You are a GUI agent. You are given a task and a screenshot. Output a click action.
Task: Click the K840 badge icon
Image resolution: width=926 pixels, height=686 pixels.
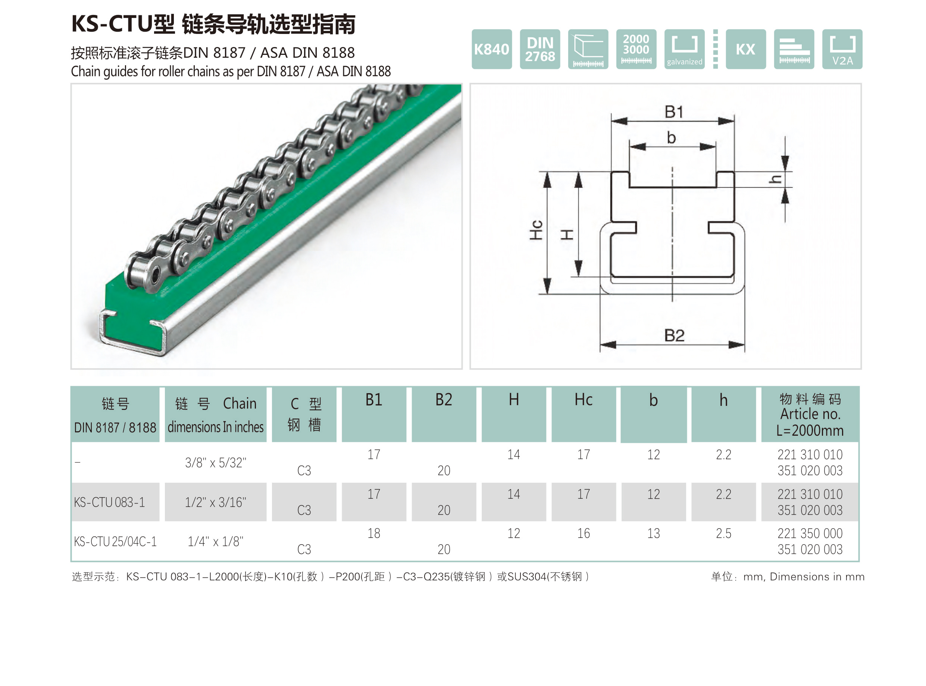pos(491,49)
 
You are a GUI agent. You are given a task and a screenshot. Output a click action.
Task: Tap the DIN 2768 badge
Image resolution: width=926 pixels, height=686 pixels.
pos(539,49)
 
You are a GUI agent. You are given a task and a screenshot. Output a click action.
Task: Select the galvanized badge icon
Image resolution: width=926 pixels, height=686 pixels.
pos(684,49)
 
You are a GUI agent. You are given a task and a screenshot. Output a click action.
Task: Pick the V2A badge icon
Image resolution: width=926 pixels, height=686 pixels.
pos(842,49)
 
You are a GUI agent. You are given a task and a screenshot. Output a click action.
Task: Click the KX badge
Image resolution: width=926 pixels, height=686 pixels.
pos(745,49)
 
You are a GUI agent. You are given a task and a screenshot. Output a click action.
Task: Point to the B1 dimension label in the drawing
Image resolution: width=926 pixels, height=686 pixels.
pos(673,112)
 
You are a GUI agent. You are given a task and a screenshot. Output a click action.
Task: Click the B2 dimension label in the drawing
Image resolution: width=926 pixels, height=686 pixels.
pos(673,335)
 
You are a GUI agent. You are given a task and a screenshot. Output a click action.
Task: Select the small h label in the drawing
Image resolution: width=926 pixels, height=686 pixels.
pos(775,179)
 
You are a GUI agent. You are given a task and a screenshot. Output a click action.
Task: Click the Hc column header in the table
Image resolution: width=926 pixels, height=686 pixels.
pos(583,400)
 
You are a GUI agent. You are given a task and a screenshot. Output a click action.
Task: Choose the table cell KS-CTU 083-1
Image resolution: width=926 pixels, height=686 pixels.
pos(109,502)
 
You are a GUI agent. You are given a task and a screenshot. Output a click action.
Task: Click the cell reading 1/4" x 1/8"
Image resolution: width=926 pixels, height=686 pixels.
pos(215,542)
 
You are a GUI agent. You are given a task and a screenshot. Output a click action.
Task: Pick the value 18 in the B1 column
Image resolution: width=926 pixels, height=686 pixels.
pos(373,533)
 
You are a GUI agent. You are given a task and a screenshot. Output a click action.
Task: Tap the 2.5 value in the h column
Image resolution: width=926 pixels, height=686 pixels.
pos(723,533)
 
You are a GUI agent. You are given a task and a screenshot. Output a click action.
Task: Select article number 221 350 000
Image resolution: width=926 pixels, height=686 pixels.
pos(809,533)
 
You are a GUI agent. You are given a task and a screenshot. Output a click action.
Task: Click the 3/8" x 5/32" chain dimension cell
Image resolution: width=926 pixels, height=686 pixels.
pos(215,463)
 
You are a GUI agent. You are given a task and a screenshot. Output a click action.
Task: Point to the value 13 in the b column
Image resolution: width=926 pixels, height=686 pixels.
pos(653,533)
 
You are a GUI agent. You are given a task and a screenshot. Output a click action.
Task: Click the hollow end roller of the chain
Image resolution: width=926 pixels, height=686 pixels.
pos(155,275)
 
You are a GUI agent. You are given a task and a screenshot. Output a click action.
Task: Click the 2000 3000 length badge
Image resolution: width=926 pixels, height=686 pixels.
pos(636,49)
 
